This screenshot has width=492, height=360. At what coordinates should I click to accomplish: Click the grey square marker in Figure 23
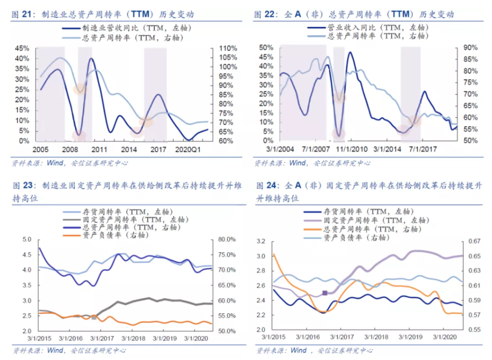[x=94, y=318]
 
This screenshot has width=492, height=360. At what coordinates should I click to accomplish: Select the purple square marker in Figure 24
[x=325, y=293]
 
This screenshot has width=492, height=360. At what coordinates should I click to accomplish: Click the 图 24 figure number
[x=267, y=185]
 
